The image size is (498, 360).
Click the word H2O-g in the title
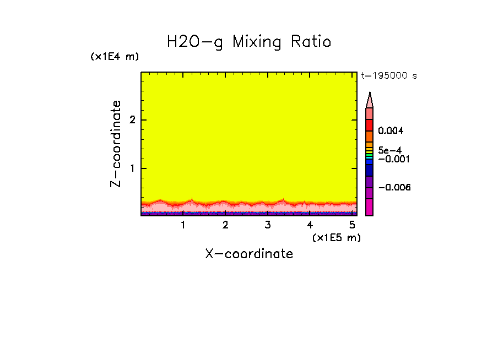(x=195, y=42)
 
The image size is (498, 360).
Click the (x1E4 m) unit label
(x=115, y=57)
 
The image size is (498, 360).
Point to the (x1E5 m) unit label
(x=336, y=237)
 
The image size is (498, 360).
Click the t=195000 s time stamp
(x=388, y=76)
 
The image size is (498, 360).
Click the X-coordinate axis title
(x=249, y=254)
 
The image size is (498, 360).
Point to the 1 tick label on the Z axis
(x=132, y=168)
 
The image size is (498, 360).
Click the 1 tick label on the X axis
(x=183, y=225)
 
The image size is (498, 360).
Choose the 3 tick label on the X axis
(x=267, y=225)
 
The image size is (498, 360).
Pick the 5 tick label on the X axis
(x=351, y=225)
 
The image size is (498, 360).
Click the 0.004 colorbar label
(x=392, y=131)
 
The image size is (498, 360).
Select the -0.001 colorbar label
(x=393, y=159)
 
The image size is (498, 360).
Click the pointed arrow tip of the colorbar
(x=370, y=95)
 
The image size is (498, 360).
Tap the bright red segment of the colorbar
(x=370, y=125)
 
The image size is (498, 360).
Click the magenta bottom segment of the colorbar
(x=370, y=207)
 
